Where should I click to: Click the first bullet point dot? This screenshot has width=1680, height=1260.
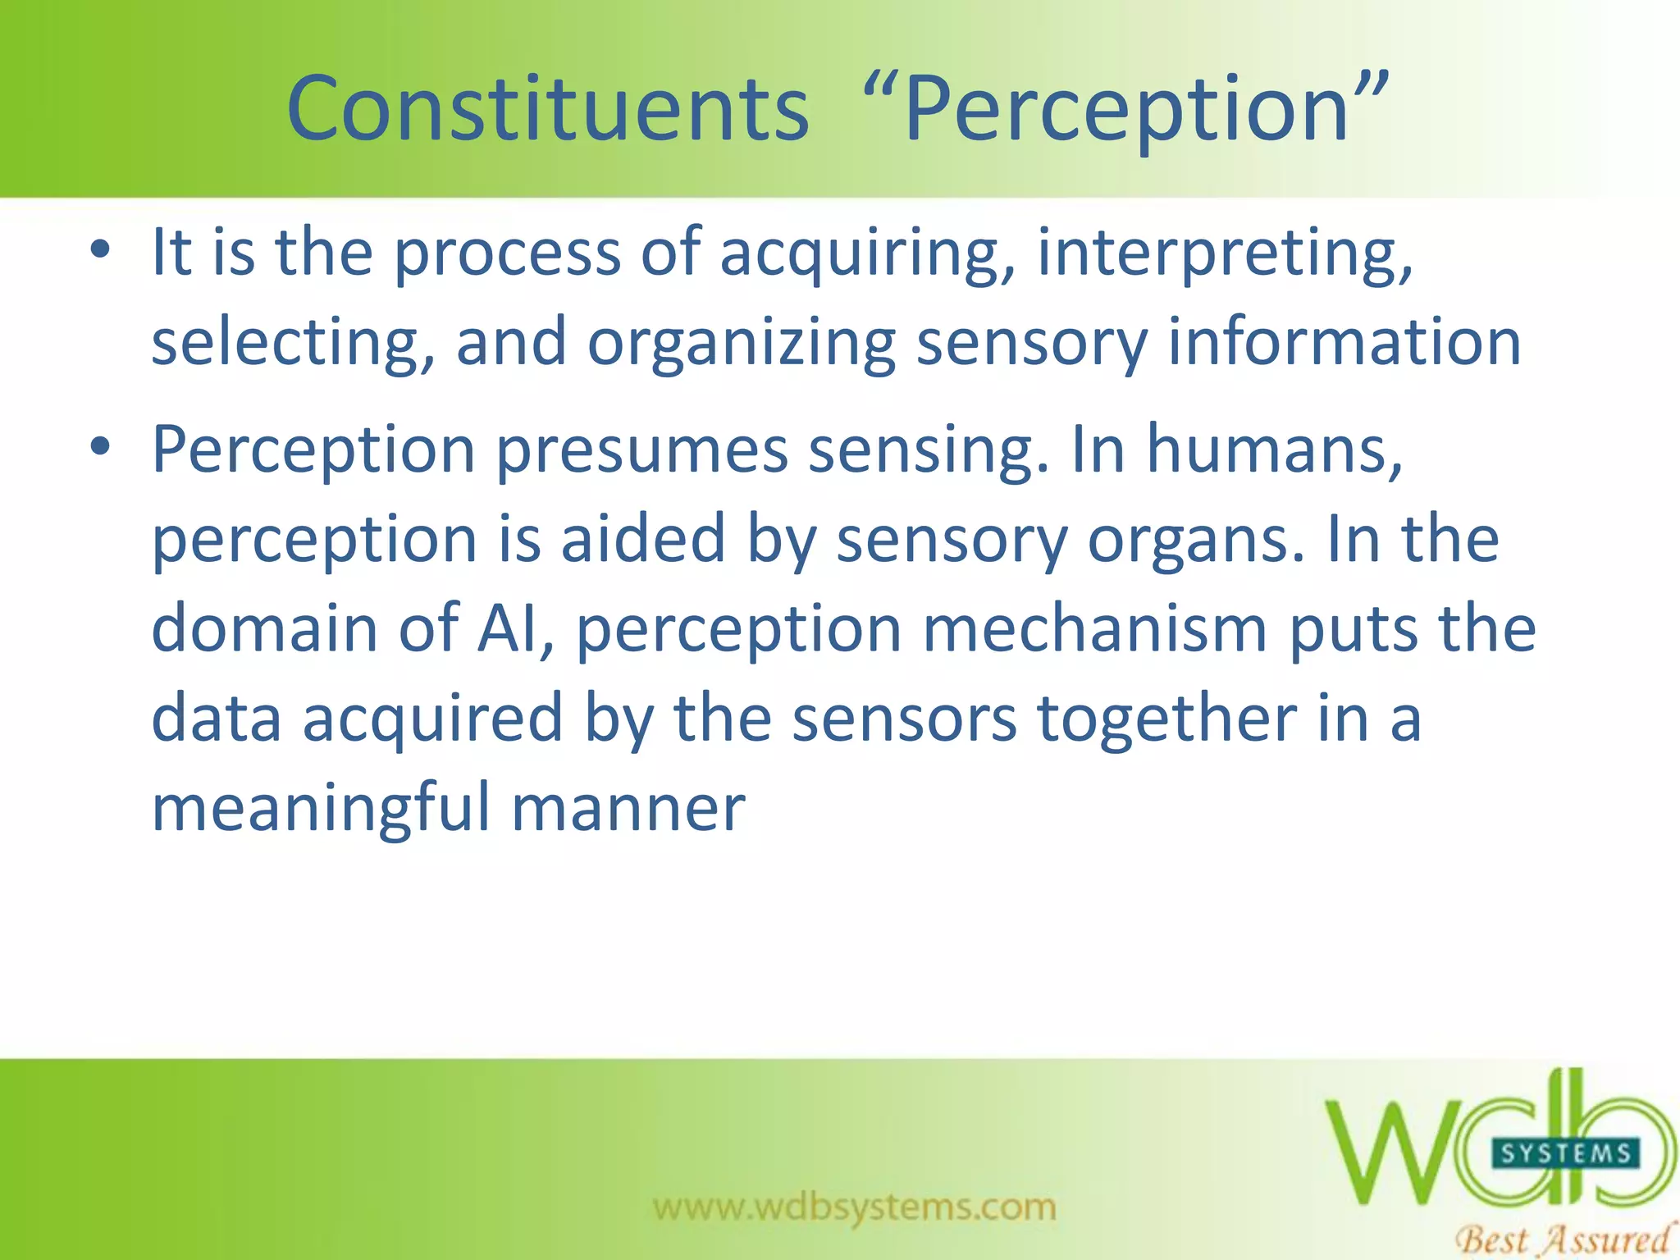(100, 250)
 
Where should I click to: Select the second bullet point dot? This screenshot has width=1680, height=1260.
(100, 448)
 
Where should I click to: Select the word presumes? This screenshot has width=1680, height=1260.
(641, 450)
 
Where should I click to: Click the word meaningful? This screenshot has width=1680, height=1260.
(322, 809)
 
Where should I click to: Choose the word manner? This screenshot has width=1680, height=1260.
(628, 809)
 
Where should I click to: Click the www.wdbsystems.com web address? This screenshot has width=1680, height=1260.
(855, 1207)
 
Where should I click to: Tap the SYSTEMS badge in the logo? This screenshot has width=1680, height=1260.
(1565, 1153)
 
